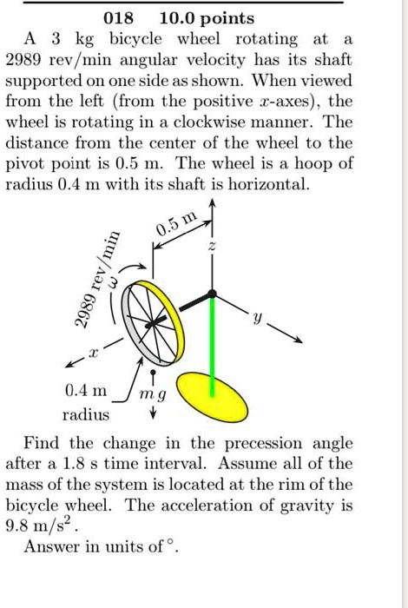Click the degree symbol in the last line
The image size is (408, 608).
173,544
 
